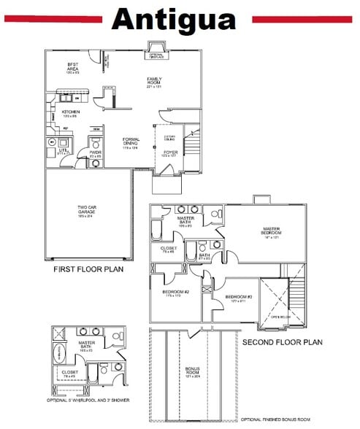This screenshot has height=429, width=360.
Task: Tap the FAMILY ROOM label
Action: [155, 81]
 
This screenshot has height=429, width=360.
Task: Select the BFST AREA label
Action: [72, 67]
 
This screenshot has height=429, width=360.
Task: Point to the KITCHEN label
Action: [70, 113]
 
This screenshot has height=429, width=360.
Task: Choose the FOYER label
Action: [170, 153]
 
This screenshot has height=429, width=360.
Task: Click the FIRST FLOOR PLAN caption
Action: [88, 270]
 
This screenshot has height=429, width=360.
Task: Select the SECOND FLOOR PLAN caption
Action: [282, 341]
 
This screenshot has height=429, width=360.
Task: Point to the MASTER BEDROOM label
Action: [272, 232]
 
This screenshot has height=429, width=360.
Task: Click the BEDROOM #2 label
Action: [176, 293]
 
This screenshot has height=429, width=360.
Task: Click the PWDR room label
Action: [95, 154]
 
